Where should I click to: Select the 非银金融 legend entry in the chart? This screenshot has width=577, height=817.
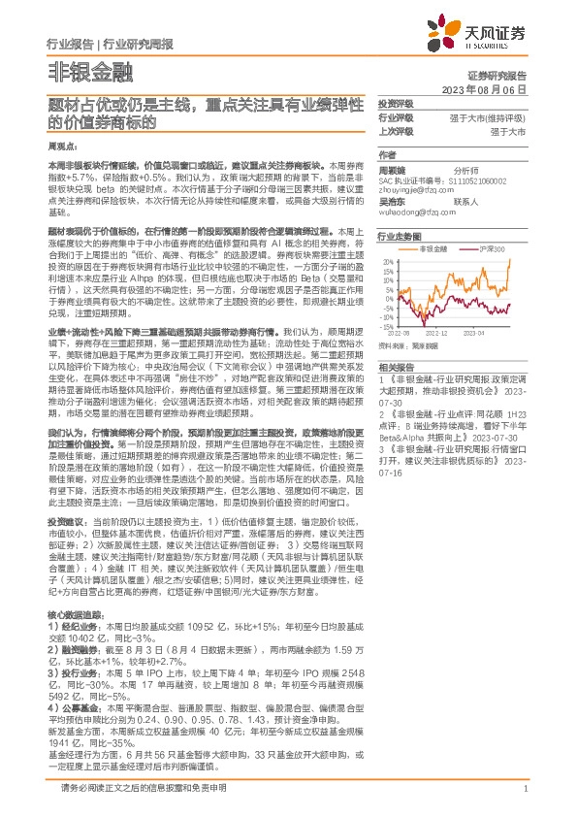pyautogui.click(x=452, y=249)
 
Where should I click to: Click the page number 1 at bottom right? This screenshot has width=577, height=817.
pyautogui.click(x=525, y=789)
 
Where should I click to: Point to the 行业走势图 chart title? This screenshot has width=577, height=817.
pyautogui.click(x=399, y=236)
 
